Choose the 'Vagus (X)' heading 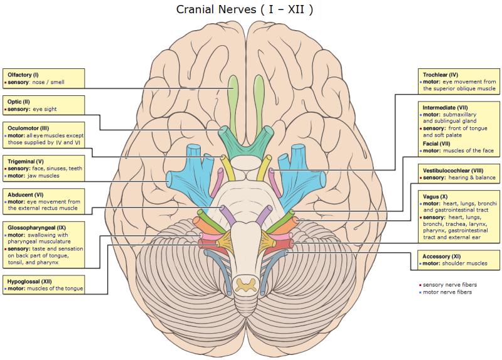[435, 196]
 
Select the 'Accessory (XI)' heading [442, 257]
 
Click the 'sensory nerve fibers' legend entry [447, 285]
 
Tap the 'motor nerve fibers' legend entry [446, 292]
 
